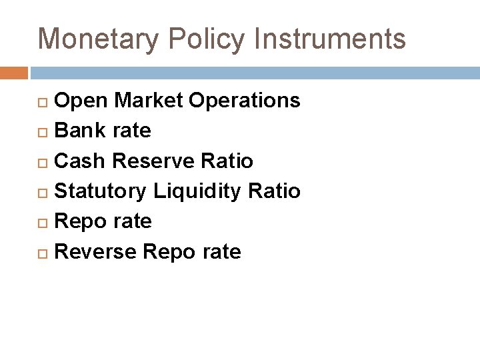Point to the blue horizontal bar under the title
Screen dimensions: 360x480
253,73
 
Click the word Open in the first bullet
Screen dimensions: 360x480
82,101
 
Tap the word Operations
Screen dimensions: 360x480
245,101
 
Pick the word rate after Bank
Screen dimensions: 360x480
132,131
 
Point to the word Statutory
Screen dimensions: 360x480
101,191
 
